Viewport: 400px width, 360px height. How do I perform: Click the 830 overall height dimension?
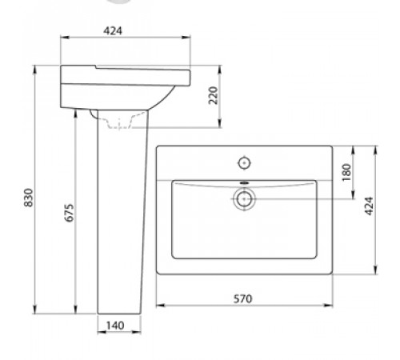[29, 198]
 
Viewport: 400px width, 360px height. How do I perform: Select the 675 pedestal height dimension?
[69, 213]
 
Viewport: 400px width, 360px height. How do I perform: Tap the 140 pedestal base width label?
[115, 326]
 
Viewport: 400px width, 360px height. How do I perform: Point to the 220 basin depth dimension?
[214, 95]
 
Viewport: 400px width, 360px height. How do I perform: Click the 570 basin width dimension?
[242, 299]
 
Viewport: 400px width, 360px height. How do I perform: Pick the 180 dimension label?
[346, 172]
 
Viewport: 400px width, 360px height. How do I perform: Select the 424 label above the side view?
[113, 31]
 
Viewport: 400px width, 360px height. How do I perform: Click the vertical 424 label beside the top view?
[370, 206]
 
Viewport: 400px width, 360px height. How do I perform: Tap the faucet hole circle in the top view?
[244, 163]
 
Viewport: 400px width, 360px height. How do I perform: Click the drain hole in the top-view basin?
[244, 199]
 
